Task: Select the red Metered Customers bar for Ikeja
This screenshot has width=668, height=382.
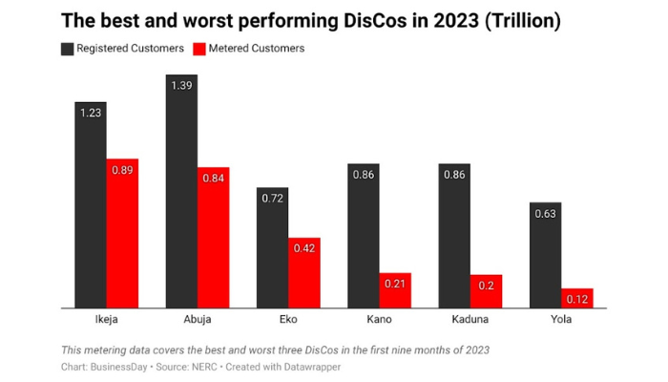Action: (122, 234)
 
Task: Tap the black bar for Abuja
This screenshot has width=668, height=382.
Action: (181, 191)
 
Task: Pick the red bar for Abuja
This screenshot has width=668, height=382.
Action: (213, 238)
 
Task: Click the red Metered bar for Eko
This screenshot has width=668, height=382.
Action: (304, 273)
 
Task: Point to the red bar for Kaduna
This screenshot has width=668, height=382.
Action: (486, 291)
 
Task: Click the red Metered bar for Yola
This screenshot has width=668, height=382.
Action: (577, 298)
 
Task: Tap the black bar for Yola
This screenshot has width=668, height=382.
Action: (545, 255)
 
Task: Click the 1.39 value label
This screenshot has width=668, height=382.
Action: (181, 86)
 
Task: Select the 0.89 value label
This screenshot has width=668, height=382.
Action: (122, 170)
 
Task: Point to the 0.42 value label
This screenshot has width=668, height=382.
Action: (304, 248)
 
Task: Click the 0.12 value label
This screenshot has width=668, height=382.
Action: (577, 299)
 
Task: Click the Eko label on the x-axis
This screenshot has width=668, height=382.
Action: (288, 319)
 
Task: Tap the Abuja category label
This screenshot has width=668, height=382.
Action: (197, 319)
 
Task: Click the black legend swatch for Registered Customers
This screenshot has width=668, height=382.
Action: (67, 49)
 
